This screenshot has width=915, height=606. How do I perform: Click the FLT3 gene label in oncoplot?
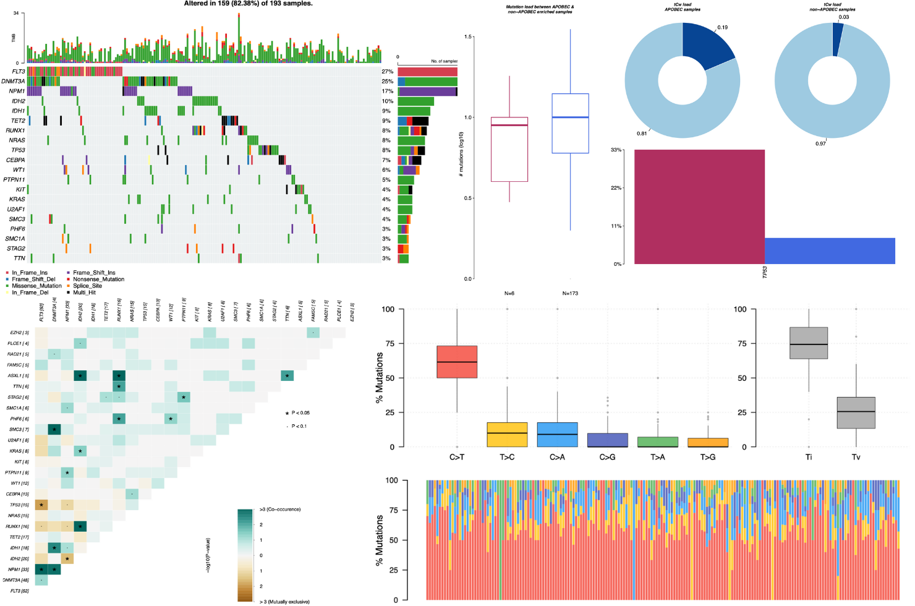tap(19, 71)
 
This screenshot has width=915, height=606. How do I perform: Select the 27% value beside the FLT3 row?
tap(388, 72)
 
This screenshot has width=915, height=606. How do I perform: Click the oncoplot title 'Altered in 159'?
tap(249, 4)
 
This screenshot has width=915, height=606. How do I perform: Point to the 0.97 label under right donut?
tap(820, 143)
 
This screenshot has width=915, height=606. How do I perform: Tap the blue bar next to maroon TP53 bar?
tap(830, 250)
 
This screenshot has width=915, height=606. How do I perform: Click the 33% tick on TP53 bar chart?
tap(616, 150)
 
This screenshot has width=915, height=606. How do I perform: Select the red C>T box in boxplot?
tap(457, 362)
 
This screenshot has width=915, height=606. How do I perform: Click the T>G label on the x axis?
tap(708, 458)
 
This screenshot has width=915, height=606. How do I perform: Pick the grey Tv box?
tap(856, 421)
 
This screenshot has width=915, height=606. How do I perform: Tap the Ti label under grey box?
tap(809, 458)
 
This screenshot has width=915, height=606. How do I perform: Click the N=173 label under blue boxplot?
tap(570, 293)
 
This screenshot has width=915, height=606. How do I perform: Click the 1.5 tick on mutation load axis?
tap(469, 37)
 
